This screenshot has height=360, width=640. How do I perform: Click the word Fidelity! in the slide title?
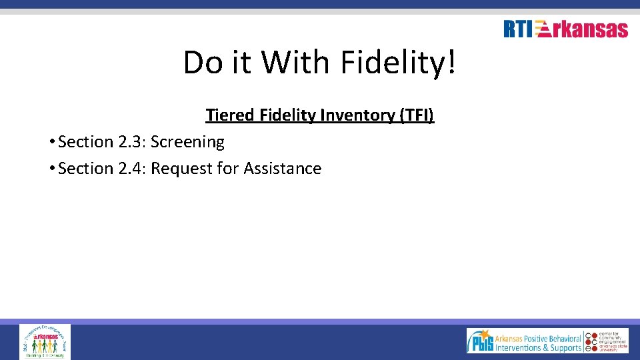tap(399, 63)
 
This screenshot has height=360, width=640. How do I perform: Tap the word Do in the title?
tap(202, 63)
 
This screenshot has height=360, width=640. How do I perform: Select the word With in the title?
tap(295, 63)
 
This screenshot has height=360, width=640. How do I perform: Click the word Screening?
tap(187, 142)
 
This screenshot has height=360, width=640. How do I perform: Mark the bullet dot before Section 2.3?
tap(51, 142)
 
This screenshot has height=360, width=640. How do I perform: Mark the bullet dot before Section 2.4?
tap(51, 169)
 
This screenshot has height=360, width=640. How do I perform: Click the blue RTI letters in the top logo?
tap(518, 29)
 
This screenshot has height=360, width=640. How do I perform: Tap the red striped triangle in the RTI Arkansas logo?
tap(542, 30)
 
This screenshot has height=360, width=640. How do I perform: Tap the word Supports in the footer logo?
tap(561, 347)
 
